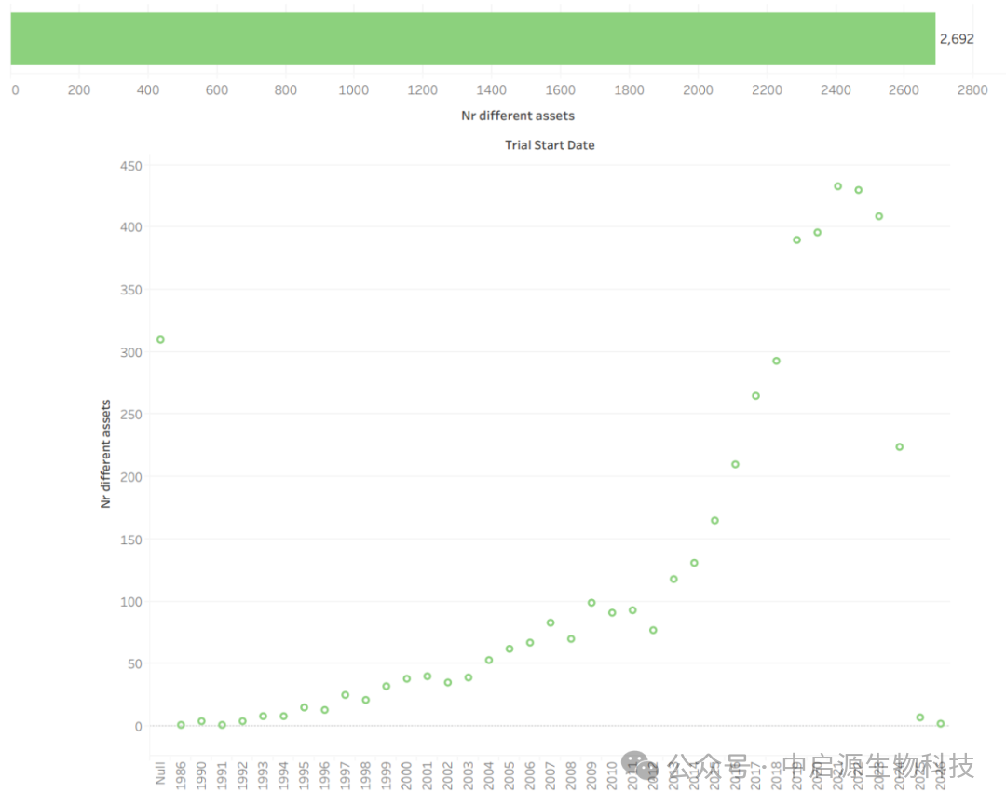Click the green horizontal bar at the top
click(472, 39)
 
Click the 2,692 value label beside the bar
click(956, 39)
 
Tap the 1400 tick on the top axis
click(491, 90)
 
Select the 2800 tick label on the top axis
click(972, 90)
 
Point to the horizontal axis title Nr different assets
click(518, 116)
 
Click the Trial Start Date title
click(550, 145)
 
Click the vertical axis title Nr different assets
click(105, 454)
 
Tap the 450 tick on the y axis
click(129, 165)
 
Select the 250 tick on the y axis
click(129, 415)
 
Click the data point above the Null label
click(160, 339)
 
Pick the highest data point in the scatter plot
click(837, 186)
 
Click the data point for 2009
click(591, 603)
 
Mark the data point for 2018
click(776, 361)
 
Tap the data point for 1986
click(181, 724)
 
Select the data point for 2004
click(489, 660)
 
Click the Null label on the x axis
click(160, 772)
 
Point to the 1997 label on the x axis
click(345, 774)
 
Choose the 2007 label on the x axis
click(551, 774)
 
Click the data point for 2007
click(551, 622)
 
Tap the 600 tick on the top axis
click(216, 90)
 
